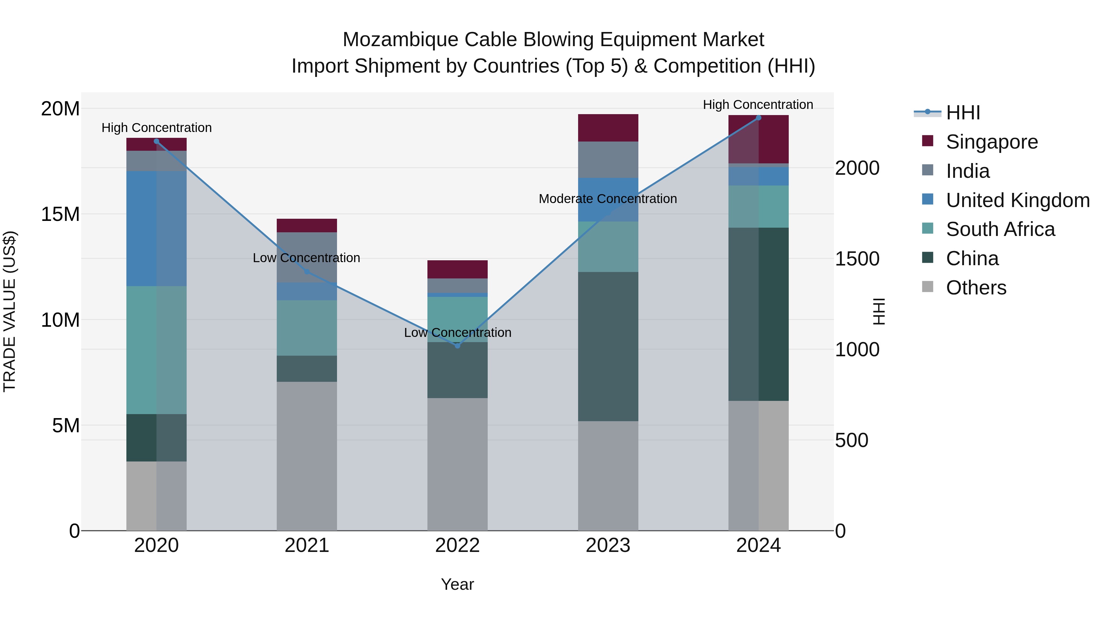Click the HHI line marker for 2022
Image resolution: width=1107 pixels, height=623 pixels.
coord(457,346)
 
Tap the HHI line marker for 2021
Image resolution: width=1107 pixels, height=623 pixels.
coord(307,272)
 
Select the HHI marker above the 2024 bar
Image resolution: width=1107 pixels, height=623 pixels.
coord(759,118)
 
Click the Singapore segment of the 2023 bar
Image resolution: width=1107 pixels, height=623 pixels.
coord(608,128)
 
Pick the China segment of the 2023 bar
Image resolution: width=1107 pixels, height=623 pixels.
coord(608,346)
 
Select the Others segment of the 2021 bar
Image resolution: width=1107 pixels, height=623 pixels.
coord(307,456)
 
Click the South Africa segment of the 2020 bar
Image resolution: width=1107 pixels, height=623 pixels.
coord(157,350)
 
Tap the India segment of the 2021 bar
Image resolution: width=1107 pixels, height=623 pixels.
coord(307,257)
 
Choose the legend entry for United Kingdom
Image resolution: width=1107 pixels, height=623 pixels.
coord(1017,200)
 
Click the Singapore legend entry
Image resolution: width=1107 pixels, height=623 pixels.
coord(991,142)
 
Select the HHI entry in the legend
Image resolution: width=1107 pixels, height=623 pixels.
coord(962,113)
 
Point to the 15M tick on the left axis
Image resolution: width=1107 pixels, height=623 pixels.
coord(60,214)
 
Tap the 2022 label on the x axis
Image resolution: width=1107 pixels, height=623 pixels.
coord(457,545)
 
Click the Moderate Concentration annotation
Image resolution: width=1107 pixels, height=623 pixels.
coord(608,199)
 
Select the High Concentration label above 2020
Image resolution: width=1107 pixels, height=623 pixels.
coord(157,128)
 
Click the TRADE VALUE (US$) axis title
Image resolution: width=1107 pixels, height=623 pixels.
coord(10,311)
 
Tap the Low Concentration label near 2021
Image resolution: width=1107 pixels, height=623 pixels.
coord(306,258)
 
